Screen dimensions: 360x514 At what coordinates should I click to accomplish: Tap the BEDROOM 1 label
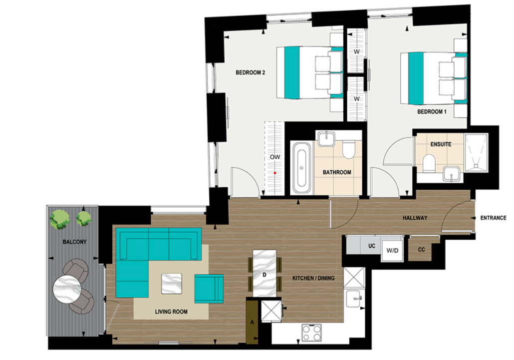[x=431, y=112]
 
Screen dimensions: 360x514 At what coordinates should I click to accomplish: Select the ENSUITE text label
[x=440, y=144]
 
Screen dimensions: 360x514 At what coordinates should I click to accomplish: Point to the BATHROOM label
[x=336, y=172]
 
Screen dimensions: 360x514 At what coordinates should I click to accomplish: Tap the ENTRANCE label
[x=493, y=218]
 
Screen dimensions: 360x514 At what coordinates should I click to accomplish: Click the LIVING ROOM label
[x=171, y=312]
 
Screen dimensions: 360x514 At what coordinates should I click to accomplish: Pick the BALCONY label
[x=74, y=242]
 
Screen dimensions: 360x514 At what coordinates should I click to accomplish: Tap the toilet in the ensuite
[x=428, y=162]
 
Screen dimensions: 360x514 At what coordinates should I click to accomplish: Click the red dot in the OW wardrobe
[x=274, y=173]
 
